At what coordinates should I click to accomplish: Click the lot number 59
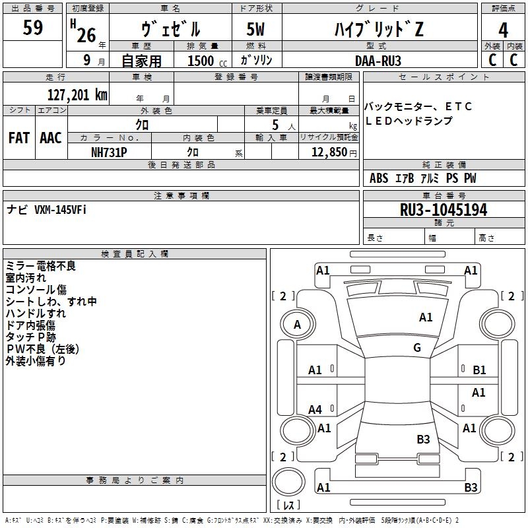tap(32, 27)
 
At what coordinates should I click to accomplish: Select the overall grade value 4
tap(503, 30)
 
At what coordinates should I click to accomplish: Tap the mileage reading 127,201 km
tap(77, 95)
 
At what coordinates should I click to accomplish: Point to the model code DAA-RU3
tap(378, 61)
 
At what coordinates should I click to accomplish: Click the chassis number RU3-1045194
tap(444, 209)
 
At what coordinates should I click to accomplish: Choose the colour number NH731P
tap(109, 152)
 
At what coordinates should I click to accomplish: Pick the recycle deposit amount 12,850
tap(329, 152)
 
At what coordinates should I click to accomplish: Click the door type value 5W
tap(255, 29)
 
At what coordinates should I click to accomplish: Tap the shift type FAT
tap(19, 138)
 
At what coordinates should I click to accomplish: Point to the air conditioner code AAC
tap(51, 138)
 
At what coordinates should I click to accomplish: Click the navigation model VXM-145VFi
tap(60, 210)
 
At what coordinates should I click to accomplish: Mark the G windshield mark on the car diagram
tap(417, 347)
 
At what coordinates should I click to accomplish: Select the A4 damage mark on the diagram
tap(315, 409)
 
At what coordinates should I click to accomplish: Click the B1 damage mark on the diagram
tap(479, 370)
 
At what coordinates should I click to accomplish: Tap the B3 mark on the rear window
tap(423, 439)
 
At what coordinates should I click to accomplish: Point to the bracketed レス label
tap(288, 504)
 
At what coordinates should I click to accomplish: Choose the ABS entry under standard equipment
tap(379, 178)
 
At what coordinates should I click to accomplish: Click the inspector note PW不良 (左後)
tap(42, 349)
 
